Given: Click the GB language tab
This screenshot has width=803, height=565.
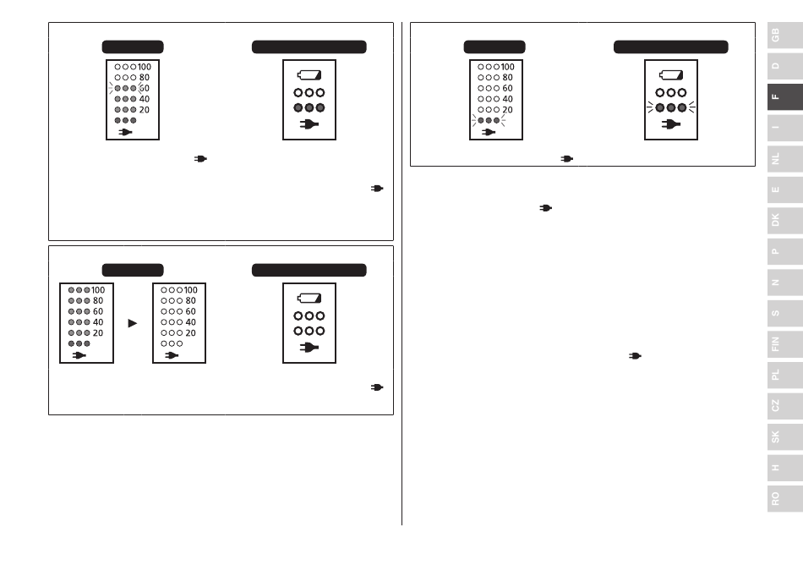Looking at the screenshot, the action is [x=784, y=36].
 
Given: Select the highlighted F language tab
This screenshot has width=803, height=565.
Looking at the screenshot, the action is [x=784, y=96].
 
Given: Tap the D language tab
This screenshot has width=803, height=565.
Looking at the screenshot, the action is [x=784, y=66].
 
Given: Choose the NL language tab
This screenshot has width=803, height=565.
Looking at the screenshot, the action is [x=784, y=159].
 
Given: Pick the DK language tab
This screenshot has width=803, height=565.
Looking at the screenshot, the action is [x=784, y=220].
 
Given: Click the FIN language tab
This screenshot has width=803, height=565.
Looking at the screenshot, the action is [x=784, y=343].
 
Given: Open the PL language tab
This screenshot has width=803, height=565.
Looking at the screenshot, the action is [x=784, y=375].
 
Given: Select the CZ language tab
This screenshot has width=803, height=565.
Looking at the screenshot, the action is [x=784, y=406].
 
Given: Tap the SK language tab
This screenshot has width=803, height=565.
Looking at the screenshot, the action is [x=784, y=436].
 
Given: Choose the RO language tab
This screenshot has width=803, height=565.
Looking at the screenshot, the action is [x=784, y=498].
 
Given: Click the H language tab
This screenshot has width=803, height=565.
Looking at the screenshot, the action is [x=784, y=468].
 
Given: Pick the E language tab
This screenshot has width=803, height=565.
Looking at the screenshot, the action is [x=784, y=189].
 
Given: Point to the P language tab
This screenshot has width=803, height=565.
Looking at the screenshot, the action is [x=784, y=251].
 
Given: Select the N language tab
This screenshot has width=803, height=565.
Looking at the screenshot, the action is [x=784, y=282].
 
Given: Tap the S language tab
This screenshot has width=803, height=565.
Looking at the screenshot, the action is [x=784, y=313].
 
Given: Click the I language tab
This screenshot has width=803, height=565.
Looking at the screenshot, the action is [x=784, y=128].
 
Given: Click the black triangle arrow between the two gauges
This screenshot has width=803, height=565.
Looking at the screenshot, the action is [x=132, y=323].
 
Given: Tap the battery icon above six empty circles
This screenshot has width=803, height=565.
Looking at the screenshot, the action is [x=309, y=298].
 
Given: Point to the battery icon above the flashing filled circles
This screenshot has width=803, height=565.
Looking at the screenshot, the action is [x=671, y=75].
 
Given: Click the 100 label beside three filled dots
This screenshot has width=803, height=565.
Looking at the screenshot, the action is [x=98, y=290].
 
